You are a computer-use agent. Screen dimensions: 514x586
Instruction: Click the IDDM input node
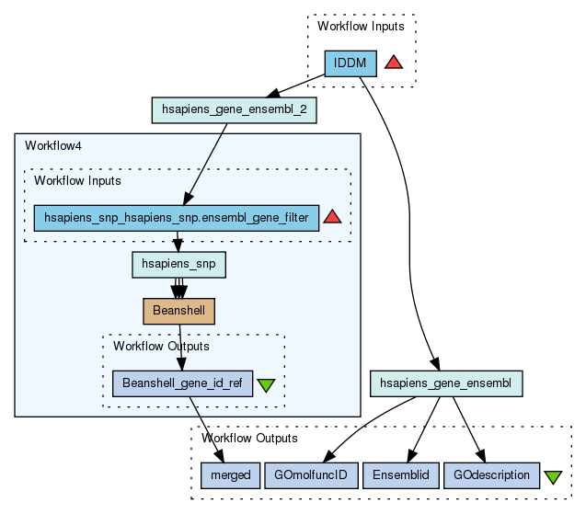(x=350, y=63)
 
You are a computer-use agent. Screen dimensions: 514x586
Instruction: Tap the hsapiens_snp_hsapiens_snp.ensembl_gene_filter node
(x=177, y=218)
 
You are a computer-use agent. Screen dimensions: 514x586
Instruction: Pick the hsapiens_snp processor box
(x=179, y=265)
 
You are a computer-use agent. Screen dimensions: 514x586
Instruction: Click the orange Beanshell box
(x=179, y=312)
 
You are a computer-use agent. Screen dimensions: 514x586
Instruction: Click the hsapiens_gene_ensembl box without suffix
(x=446, y=383)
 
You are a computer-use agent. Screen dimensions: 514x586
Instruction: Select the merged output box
(x=225, y=475)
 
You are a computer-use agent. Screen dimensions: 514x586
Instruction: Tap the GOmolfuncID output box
(x=310, y=475)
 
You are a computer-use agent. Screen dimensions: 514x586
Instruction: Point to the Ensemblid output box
(x=400, y=475)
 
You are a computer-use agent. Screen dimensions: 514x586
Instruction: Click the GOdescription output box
(x=492, y=475)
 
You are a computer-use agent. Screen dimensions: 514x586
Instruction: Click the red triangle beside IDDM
(x=394, y=63)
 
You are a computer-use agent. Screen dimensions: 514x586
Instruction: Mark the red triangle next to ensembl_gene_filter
(x=333, y=217)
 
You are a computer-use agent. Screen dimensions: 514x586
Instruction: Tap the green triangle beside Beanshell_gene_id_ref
(x=267, y=385)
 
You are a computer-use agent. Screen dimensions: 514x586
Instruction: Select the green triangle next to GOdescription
(x=553, y=477)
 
